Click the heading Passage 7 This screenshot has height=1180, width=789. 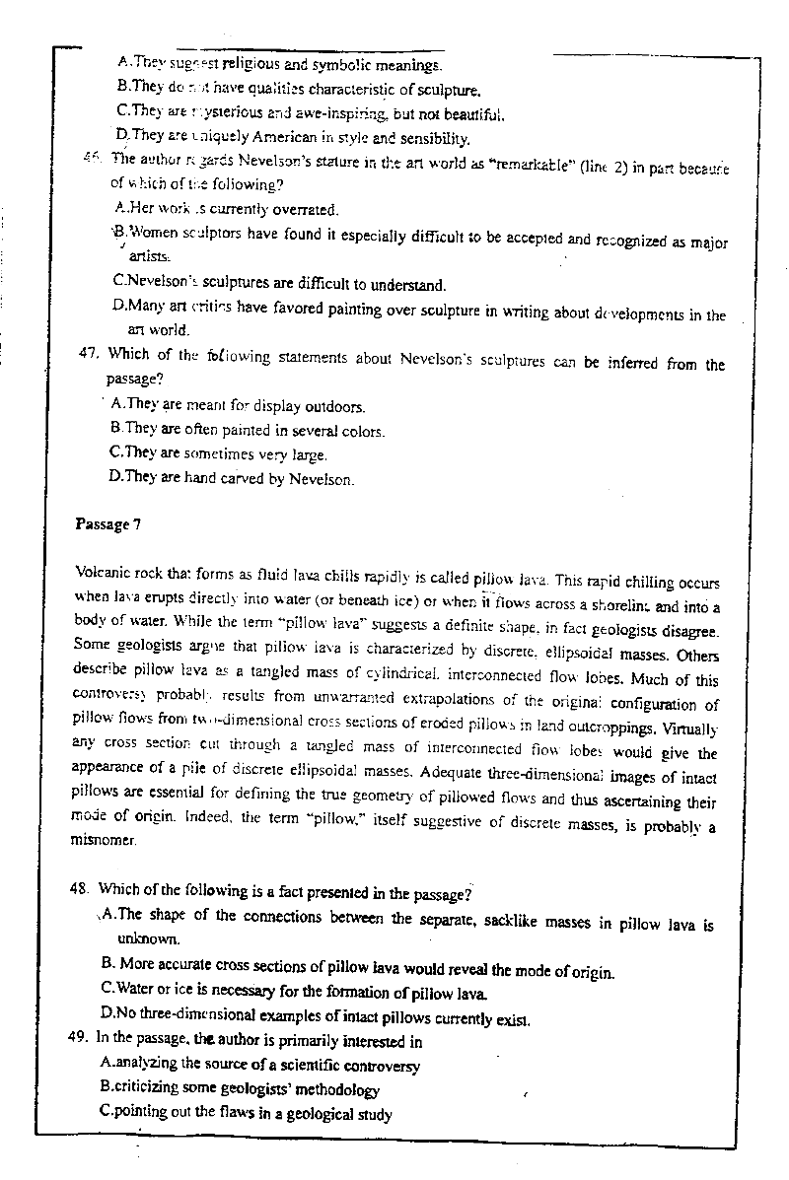point(108,524)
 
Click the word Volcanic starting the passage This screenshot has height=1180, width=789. point(103,573)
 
